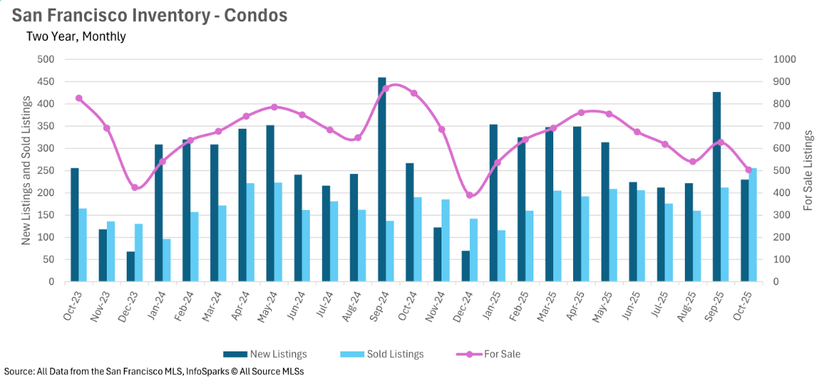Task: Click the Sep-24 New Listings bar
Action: [382, 180]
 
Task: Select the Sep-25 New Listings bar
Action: [717, 187]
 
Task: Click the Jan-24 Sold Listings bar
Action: [166, 260]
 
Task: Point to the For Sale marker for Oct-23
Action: [79, 98]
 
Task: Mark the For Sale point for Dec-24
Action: [469, 195]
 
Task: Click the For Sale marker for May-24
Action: [275, 107]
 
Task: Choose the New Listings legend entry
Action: [265, 354]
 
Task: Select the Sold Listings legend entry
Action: [382, 354]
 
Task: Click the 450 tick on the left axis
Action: [47, 82]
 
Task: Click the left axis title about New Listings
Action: [26, 171]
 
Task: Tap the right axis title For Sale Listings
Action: [809, 170]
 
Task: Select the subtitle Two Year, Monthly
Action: [76, 36]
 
